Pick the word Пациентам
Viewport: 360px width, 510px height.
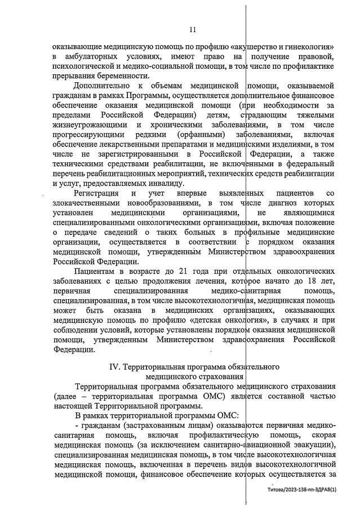pyautogui.click(x=96, y=270)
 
